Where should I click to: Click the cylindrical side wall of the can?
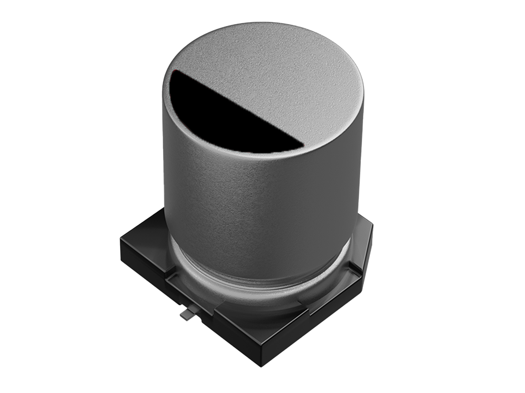256,205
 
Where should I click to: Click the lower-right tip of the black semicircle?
304,145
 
